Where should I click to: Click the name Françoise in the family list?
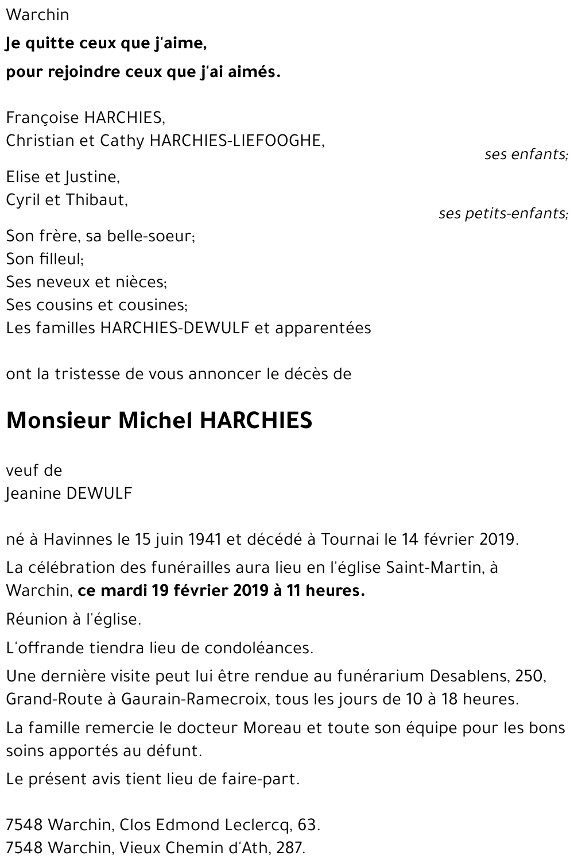[x=42, y=118]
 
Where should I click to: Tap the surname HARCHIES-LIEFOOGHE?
[x=236, y=141]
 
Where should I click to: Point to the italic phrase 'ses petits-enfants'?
[x=503, y=214]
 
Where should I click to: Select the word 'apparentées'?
[x=323, y=328]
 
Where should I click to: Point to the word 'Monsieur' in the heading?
[x=58, y=421]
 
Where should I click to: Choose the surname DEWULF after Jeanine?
[x=99, y=494]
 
